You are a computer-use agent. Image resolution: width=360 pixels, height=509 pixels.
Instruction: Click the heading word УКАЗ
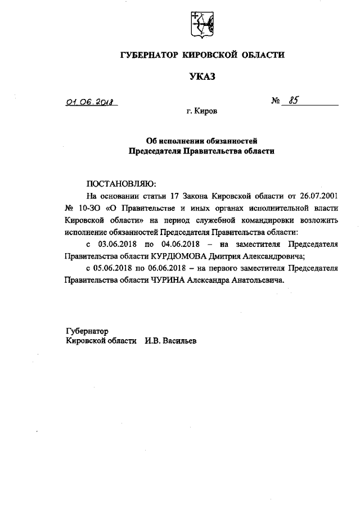[x=202, y=76]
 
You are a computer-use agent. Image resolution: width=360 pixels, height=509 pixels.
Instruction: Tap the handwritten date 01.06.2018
[x=89, y=102]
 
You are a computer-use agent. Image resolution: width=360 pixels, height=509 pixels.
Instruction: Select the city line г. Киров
[x=202, y=112]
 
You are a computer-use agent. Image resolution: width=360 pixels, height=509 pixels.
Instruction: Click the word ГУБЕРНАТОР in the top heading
[x=149, y=55]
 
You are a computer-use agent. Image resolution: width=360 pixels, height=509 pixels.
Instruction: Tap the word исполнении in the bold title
[x=183, y=140]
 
